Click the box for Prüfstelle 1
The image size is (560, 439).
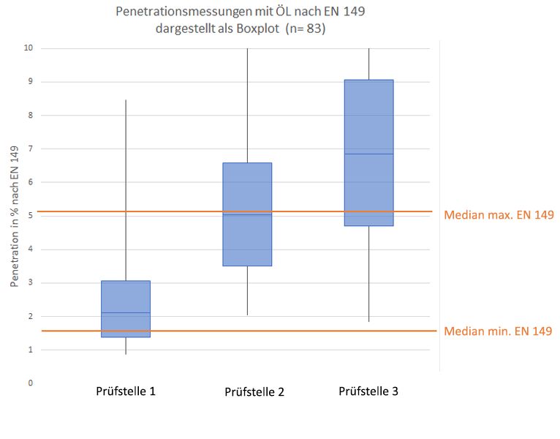click(126, 308)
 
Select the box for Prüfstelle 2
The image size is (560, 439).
click(247, 214)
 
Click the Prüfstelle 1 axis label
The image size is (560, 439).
click(126, 391)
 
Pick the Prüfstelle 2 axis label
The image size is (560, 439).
click(254, 392)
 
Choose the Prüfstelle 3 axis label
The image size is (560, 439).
click(368, 391)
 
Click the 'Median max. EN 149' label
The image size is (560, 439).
click(499, 215)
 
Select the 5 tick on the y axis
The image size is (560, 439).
click(30, 216)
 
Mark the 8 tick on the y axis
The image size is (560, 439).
click(30, 116)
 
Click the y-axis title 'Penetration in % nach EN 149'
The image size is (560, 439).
click(14, 216)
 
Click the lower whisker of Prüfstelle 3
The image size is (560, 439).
click(368, 274)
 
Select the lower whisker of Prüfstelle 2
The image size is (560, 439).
click(247, 290)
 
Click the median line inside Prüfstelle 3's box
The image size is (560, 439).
click(368, 154)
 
